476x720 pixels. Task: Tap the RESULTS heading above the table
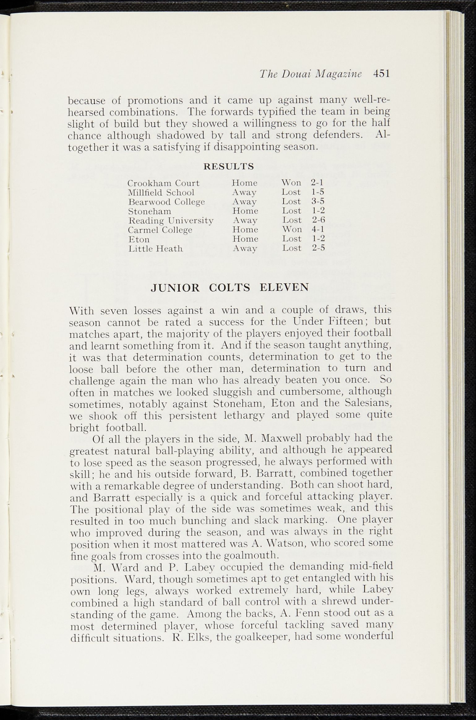[x=229, y=166]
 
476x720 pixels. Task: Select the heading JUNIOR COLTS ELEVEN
[x=230, y=288]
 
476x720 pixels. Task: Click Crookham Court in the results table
[x=163, y=183]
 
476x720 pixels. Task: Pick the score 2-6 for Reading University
[x=319, y=220]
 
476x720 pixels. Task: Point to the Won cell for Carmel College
[x=292, y=230]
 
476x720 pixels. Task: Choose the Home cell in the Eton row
[x=245, y=239]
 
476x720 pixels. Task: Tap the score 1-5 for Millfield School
[x=318, y=192]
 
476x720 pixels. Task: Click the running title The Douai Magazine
[x=310, y=74]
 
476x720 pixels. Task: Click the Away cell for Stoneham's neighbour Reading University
[x=245, y=220]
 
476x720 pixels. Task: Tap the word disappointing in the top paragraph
[x=247, y=147]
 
